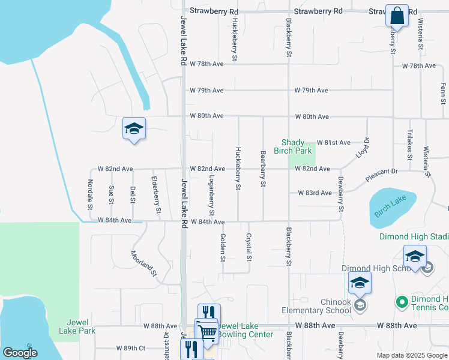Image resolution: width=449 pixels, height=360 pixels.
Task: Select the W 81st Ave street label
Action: (333, 143)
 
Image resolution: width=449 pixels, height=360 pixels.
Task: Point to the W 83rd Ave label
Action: (315, 193)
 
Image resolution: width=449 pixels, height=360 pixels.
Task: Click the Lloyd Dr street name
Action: (363, 148)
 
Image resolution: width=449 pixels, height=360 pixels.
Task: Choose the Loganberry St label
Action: (211, 196)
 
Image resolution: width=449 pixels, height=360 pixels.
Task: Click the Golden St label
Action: (223, 248)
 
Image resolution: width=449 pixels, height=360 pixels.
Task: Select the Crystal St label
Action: (249, 247)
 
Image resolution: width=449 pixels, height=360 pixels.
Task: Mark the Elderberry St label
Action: (155, 195)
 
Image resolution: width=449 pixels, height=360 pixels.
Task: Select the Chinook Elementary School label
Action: (316, 306)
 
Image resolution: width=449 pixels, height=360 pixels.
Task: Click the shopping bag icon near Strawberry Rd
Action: (397, 16)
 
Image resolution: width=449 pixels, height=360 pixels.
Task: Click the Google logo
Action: (20, 353)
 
